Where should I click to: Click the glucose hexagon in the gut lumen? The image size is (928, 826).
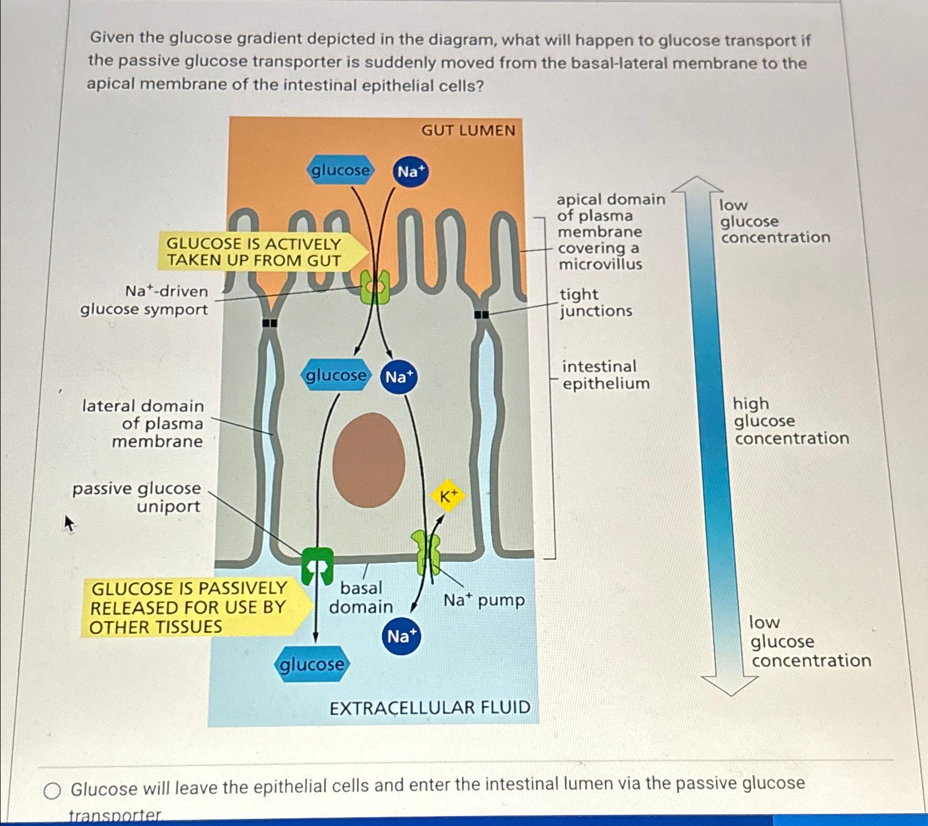(340, 170)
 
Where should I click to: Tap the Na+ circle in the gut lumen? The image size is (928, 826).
(410, 172)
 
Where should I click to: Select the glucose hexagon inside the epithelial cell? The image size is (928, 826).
(335, 375)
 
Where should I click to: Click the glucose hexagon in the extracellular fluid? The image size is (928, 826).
(311, 664)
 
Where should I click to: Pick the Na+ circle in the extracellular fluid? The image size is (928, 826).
(402, 636)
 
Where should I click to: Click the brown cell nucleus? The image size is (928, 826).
(369, 460)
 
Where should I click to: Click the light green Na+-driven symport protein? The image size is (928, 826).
(375, 287)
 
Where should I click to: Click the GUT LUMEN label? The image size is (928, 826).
(468, 130)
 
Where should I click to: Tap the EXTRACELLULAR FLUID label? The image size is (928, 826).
(430, 708)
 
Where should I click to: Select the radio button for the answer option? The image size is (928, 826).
(52, 790)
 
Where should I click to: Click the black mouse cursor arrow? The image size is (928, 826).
(69, 523)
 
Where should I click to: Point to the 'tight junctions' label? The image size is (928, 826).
(595, 303)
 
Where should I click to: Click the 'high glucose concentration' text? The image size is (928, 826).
(790, 421)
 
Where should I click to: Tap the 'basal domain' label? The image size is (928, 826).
(361, 597)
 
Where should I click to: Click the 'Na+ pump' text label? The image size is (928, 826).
(484, 600)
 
